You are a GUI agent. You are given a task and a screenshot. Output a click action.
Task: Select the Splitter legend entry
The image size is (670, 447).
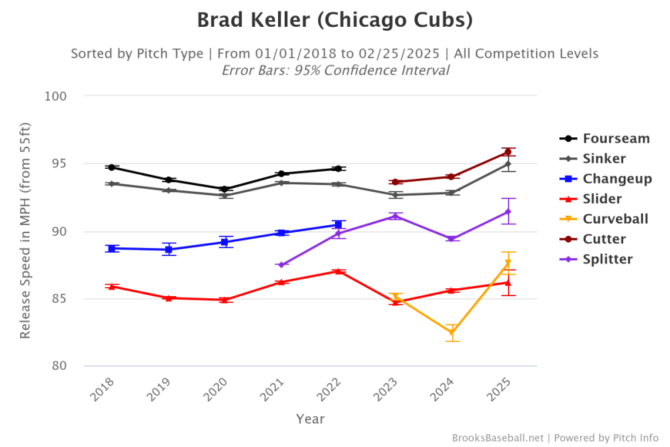606,259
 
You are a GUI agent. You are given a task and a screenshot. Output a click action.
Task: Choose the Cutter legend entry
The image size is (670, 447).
604,239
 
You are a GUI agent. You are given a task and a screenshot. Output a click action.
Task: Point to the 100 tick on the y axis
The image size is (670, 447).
58,96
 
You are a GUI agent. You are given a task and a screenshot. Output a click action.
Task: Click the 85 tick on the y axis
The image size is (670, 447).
61,298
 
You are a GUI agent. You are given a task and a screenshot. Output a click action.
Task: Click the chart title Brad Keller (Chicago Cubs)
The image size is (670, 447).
335,20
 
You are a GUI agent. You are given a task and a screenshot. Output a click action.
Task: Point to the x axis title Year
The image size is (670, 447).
310,419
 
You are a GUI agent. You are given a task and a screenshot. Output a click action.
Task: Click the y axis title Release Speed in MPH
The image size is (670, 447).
25,231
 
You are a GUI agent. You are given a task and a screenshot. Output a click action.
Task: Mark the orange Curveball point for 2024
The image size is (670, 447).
452,332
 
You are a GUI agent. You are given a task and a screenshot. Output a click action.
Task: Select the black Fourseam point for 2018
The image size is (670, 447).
112,167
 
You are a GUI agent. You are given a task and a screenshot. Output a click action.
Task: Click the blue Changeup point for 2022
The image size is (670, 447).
338,225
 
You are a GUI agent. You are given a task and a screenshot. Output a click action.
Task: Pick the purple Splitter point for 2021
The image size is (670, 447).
281,265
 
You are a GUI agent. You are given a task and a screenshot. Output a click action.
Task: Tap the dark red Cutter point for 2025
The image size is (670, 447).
508,152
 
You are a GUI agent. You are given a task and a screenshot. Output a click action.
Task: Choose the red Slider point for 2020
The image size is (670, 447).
225,300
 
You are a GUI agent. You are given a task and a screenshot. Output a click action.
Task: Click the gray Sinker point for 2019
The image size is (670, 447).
168,190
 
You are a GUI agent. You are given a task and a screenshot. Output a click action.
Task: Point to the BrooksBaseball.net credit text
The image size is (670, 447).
498,438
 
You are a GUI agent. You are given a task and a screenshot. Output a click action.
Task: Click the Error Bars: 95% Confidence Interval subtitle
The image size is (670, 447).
335,70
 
